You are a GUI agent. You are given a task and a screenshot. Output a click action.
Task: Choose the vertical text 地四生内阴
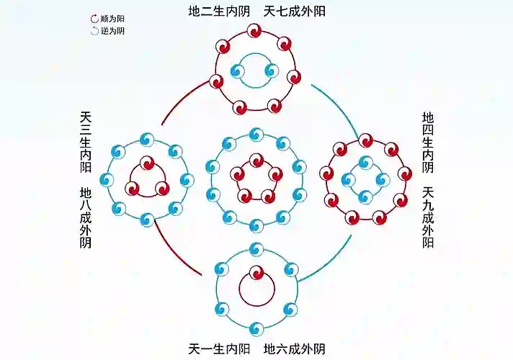point(428,143)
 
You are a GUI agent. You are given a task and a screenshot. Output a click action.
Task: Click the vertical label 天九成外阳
point(428,217)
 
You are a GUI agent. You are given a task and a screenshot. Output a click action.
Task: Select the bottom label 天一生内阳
point(219,349)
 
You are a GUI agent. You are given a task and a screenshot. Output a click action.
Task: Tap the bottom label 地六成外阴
point(295,349)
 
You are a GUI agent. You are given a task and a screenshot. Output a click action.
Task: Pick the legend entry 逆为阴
point(108,31)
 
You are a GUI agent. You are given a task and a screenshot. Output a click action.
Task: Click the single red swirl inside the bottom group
point(256,274)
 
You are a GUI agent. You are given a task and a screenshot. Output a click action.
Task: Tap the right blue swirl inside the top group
point(272,71)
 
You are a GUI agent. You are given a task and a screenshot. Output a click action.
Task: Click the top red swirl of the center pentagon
point(256,161)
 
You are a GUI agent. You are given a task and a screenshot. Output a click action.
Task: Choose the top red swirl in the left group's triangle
point(147,163)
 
